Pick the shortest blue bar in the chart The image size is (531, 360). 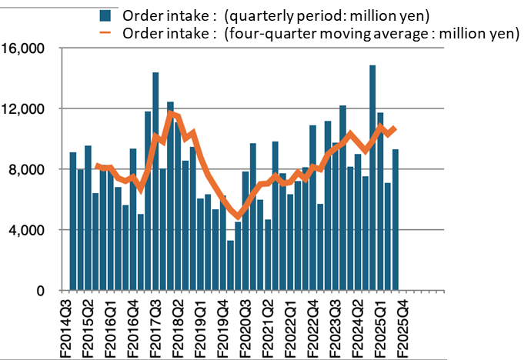click(230, 265)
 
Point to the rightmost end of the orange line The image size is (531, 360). click(396, 128)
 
